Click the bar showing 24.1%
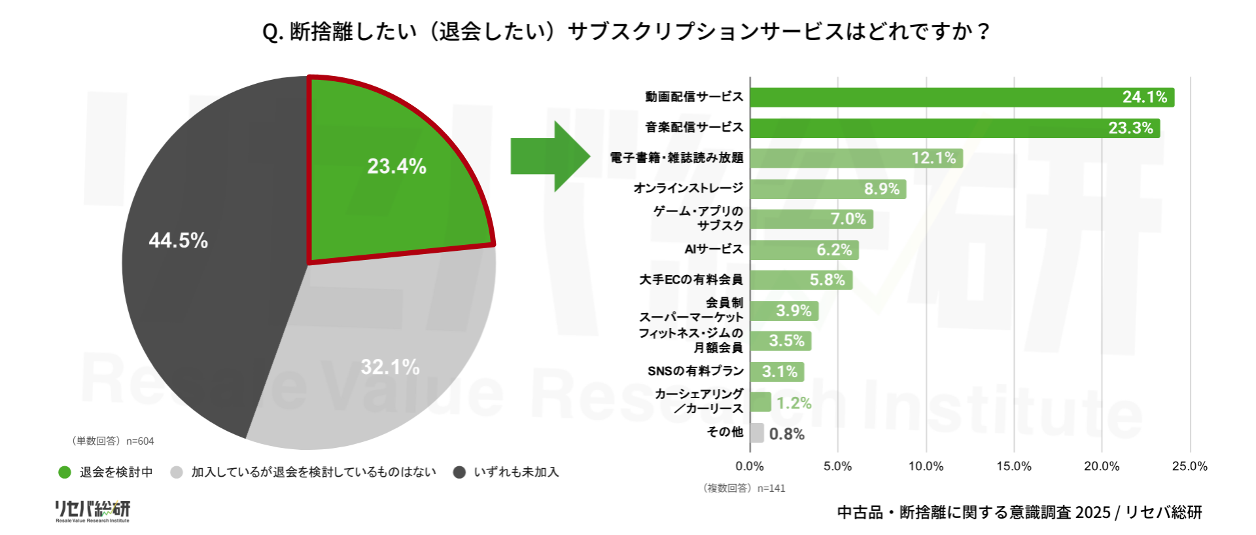click(962, 97)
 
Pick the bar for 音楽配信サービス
click(954, 128)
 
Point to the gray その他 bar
click(757, 433)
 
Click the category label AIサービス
click(714, 249)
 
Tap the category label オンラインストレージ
click(688, 188)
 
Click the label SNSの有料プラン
click(695, 371)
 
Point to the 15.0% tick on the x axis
click(1013, 466)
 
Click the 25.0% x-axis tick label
click(1189, 466)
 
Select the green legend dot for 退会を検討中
click(65, 472)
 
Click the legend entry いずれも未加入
click(515, 472)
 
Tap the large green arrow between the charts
click(549, 157)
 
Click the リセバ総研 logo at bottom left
click(92, 511)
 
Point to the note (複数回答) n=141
click(744, 488)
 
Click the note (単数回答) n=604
click(112, 441)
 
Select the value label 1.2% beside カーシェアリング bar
click(794, 403)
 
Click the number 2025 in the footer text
click(1092, 512)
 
